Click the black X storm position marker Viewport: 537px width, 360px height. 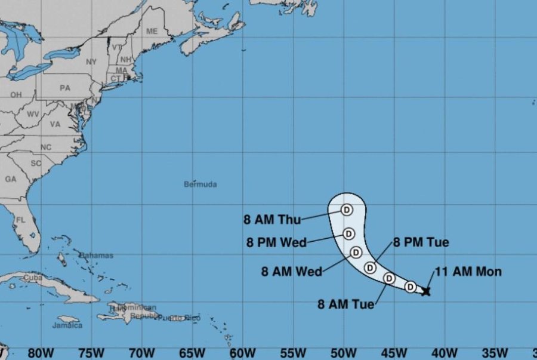point(425,291)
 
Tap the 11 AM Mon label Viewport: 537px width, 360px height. point(468,272)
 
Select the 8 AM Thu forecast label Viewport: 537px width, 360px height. point(271,219)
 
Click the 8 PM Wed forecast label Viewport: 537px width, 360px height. point(276,242)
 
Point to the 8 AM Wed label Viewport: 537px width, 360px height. point(292,272)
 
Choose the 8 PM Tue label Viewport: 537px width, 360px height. point(421,242)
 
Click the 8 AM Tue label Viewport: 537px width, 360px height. point(347,304)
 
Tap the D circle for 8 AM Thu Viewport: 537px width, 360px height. point(347,210)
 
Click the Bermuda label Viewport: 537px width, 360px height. point(200,184)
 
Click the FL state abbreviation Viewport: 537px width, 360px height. point(21,220)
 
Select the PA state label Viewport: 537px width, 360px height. point(64,88)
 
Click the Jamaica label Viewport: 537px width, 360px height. point(67,326)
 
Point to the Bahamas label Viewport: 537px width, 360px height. point(96,256)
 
